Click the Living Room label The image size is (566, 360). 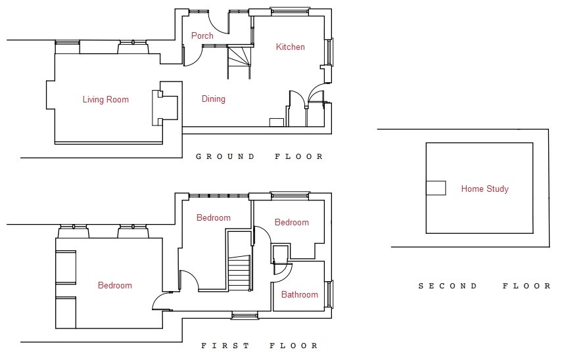pos(105,100)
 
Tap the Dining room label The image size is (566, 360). pos(213,99)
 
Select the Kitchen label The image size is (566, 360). pos(290,47)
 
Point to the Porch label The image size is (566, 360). pos(202,36)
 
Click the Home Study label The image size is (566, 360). pos(484,189)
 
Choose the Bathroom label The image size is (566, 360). pos(299,295)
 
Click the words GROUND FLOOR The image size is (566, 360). pos(260,157)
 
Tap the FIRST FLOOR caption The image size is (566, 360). pos(260,346)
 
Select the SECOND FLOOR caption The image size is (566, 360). pos(484,286)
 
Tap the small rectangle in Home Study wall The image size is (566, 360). pos(435,188)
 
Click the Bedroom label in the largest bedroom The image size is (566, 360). pos(115,286)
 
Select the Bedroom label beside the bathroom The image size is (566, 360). pos(291,223)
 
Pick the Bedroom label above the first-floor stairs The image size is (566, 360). pos(214,218)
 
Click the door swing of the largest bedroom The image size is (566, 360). pos(161,301)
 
